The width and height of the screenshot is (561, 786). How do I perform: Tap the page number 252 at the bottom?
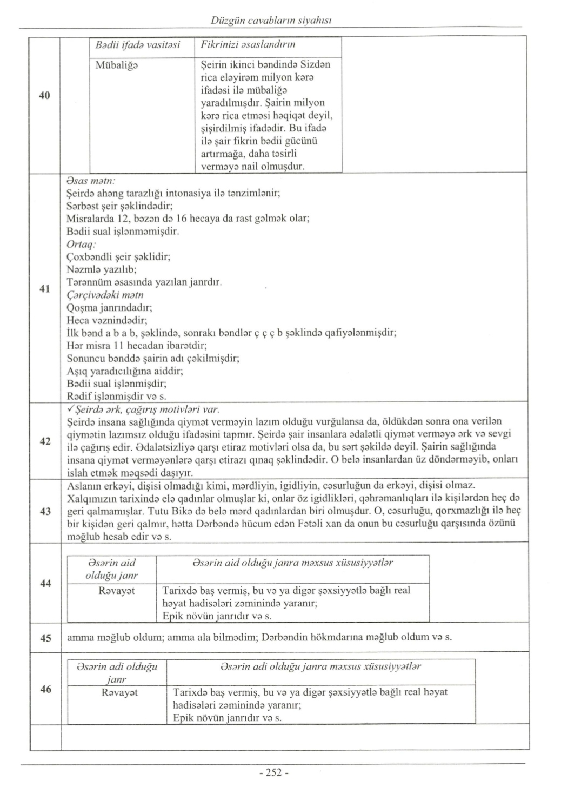click(x=274, y=772)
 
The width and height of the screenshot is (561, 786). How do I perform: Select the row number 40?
click(x=45, y=96)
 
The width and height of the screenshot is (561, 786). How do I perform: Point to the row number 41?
click(x=45, y=288)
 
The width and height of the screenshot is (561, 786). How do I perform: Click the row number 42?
click(x=45, y=441)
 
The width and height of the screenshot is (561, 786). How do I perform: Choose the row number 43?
click(x=45, y=511)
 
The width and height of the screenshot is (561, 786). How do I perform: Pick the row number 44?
click(x=45, y=583)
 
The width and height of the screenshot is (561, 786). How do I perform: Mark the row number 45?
click(x=45, y=638)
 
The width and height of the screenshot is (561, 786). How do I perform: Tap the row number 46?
click(x=45, y=689)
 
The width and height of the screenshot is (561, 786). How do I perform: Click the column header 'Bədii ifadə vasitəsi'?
click(x=138, y=45)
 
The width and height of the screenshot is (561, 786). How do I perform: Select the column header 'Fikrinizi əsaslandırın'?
click(x=248, y=45)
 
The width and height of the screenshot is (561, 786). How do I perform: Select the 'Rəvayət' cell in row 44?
click(x=117, y=591)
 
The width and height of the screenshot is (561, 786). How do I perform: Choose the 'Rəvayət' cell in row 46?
click(x=119, y=692)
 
